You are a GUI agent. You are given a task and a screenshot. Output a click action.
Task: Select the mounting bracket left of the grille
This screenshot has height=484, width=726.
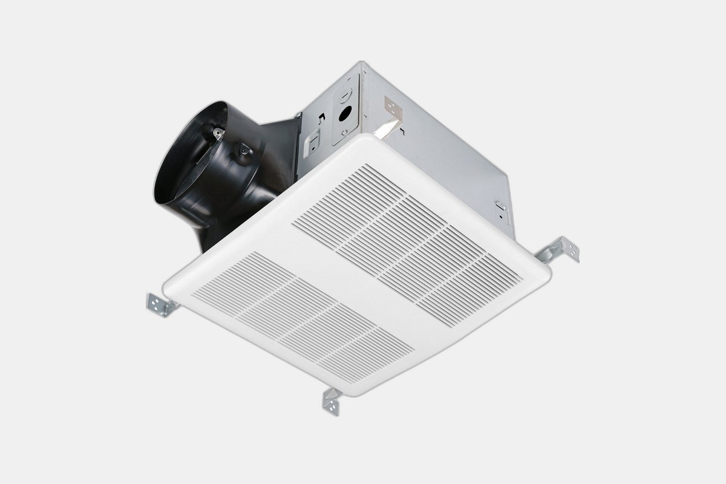(159, 303)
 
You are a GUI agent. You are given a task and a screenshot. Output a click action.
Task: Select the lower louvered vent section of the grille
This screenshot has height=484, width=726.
(302, 315)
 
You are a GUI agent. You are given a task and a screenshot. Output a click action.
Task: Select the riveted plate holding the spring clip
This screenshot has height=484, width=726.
(393, 108)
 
